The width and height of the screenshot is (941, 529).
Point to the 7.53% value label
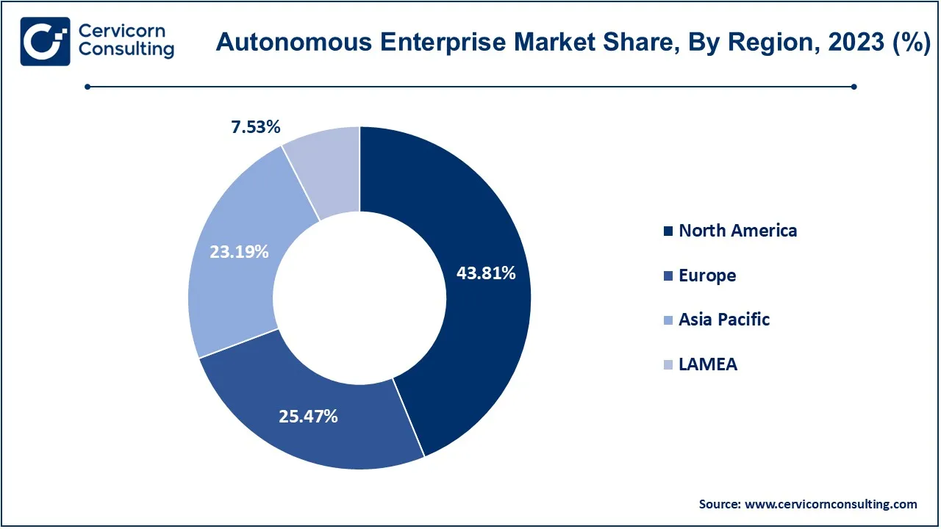[x=256, y=127]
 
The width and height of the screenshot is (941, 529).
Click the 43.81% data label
[x=486, y=273]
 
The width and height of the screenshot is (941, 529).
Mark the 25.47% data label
[x=308, y=416]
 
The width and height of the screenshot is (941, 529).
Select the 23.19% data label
[x=239, y=252]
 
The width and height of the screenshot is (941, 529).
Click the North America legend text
[x=737, y=231]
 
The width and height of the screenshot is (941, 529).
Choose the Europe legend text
[x=707, y=276]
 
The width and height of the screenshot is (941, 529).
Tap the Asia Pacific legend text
[x=724, y=320]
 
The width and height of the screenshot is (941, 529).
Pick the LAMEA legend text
[x=708, y=364]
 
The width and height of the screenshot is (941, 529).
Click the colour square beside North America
[x=668, y=231]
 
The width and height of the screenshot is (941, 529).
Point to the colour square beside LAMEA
[x=668, y=365]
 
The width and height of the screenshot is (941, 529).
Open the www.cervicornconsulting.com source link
[x=831, y=504]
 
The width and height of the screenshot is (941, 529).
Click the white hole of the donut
[x=359, y=297]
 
